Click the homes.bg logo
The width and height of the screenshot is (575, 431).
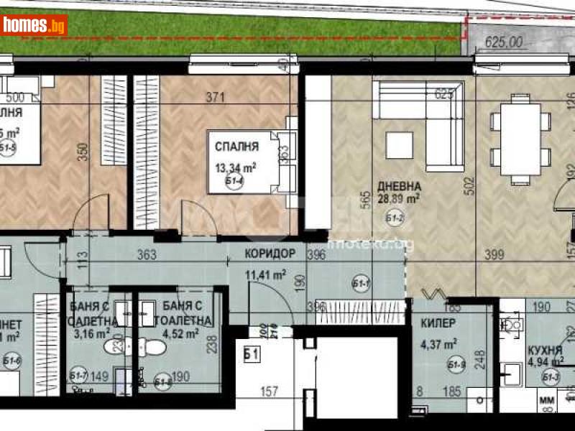34,24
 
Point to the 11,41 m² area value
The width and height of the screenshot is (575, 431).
265,273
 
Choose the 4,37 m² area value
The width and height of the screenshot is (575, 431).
441,344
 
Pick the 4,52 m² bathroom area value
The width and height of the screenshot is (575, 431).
180,333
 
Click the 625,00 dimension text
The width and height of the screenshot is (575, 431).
504,42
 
